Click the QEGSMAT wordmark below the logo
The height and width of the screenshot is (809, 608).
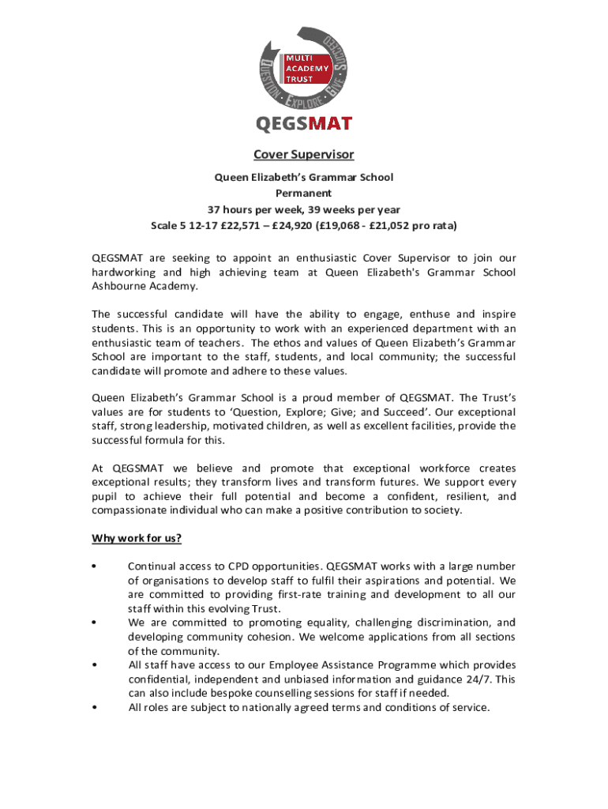coord(303,123)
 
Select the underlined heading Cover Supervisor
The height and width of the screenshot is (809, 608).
coord(303,154)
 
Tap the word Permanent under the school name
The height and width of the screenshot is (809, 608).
coord(303,193)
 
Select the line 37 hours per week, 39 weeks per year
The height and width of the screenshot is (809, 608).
coord(303,209)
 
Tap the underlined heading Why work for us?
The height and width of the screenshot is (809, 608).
coord(137,539)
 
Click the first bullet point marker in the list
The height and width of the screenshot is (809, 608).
coord(94,566)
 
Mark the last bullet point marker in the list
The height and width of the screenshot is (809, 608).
coord(94,708)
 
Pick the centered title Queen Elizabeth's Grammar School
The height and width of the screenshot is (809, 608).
coord(304,177)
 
